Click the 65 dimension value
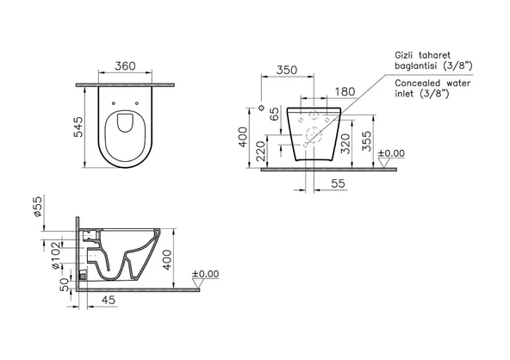coord(273,115)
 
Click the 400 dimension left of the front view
coord(243,136)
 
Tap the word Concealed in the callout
coord(420,83)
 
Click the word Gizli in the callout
coord(406,53)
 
